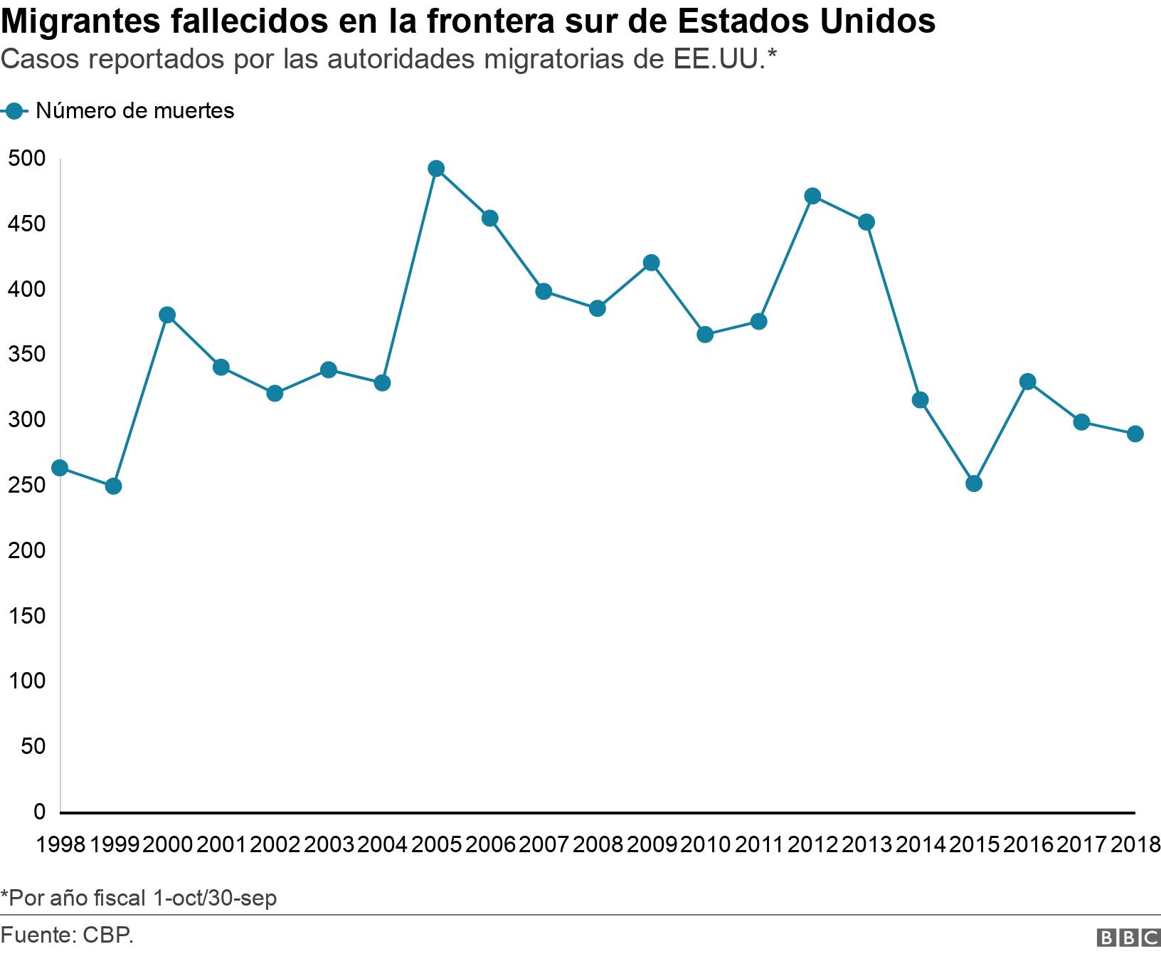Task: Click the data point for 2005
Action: [436, 169]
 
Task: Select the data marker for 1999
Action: [113, 486]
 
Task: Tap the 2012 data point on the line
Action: [812, 196]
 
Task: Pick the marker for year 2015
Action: [974, 483]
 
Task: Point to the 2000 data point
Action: [167, 315]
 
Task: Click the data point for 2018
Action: [1135, 434]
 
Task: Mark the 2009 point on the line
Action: [651, 263]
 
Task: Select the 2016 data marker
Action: [1027, 382]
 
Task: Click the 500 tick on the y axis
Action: [26, 159]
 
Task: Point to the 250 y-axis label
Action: [26, 486]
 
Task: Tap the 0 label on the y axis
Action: [39, 812]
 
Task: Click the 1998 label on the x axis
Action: [60, 845]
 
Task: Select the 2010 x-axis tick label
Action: [705, 845]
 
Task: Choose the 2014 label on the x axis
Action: [920, 845]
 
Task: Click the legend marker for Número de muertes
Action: [14, 111]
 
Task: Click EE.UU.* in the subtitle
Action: [724, 61]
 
